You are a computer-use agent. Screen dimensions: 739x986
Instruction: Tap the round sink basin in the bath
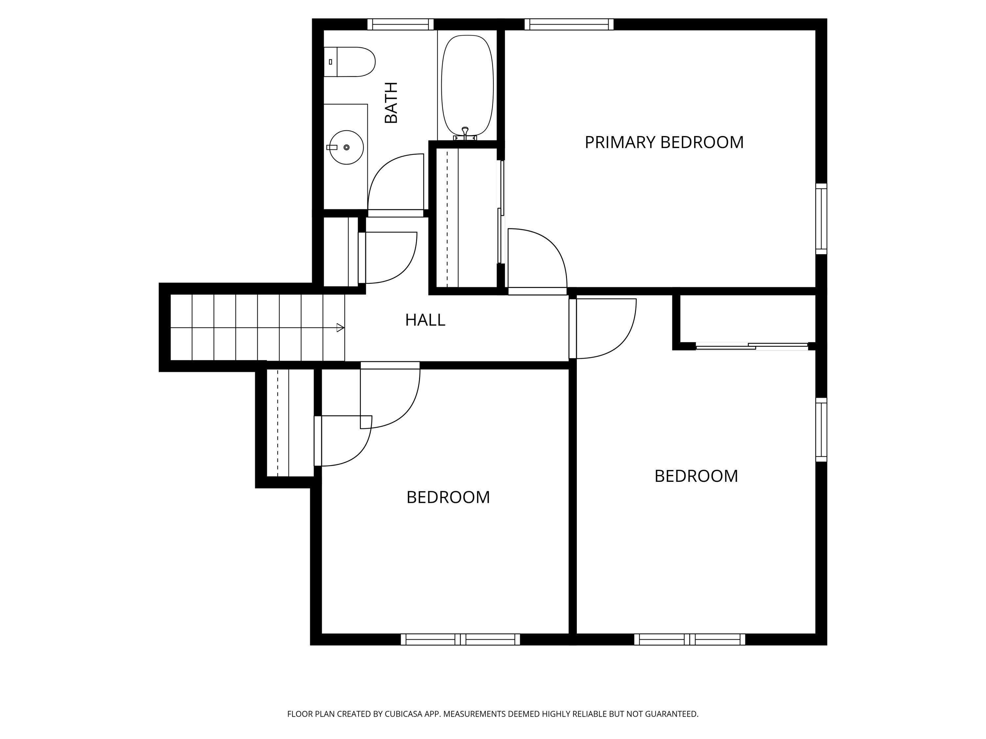(346, 147)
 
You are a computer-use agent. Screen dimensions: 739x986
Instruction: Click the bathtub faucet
(465, 133)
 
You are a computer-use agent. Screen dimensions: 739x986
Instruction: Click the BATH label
(391, 102)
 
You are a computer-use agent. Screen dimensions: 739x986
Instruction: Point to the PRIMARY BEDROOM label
(664, 143)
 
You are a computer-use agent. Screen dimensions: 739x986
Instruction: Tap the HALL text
(425, 320)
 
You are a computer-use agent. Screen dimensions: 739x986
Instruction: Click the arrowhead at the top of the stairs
(340, 328)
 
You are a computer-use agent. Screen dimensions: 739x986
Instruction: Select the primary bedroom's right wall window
(821, 219)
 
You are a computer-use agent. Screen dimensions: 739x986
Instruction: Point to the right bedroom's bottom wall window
(690, 639)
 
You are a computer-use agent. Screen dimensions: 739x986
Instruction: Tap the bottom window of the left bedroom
(460, 639)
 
